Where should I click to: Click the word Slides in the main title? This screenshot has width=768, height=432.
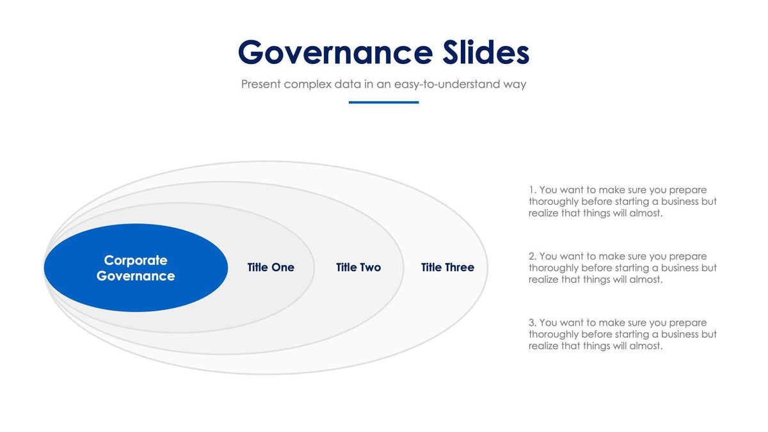tap(486, 52)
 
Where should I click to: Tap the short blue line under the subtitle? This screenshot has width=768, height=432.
tap(383, 102)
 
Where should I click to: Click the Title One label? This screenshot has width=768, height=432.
tap(271, 268)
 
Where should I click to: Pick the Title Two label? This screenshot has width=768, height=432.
tap(358, 268)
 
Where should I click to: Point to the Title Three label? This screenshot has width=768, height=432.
tap(447, 268)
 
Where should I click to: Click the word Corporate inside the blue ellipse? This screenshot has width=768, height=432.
tap(136, 260)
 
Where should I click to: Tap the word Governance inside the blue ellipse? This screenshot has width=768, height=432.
tap(136, 276)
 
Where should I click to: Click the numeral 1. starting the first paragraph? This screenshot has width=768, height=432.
tap(532, 190)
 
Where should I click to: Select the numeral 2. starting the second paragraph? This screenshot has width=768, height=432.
tap(532, 257)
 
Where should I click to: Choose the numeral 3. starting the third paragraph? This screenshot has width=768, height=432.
tap(532, 323)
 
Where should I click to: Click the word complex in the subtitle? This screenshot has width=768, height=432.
tap(307, 84)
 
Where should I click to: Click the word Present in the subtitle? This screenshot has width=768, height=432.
tap(260, 84)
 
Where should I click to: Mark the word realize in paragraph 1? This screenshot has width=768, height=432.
tap(543, 213)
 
